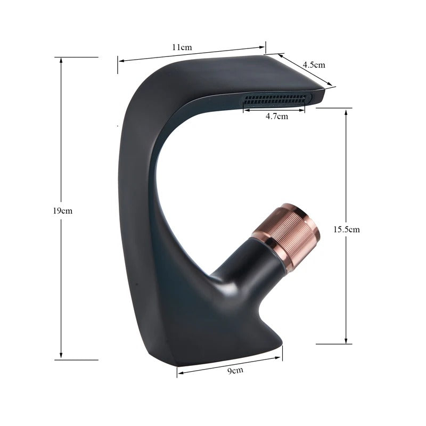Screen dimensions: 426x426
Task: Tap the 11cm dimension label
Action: (x=182, y=47)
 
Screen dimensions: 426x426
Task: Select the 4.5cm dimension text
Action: (x=314, y=64)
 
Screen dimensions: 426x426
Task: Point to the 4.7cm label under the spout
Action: (x=276, y=116)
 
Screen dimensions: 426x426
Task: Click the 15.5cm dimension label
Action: (x=347, y=230)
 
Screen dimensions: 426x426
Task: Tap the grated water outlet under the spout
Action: (x=276, y=100)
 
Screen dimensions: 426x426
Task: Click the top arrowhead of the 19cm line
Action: (x=61, y=60)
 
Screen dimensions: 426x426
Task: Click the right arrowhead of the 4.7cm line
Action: (x=303, y=109)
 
